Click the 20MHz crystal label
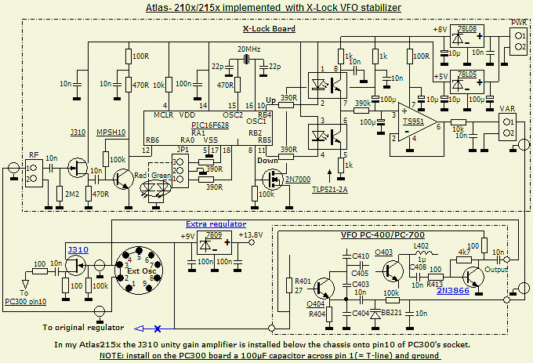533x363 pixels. pos(248,49)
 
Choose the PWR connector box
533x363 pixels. pos(518,42)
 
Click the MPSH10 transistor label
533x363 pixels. pos(111,132)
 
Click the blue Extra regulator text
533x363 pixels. pos(212,223)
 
